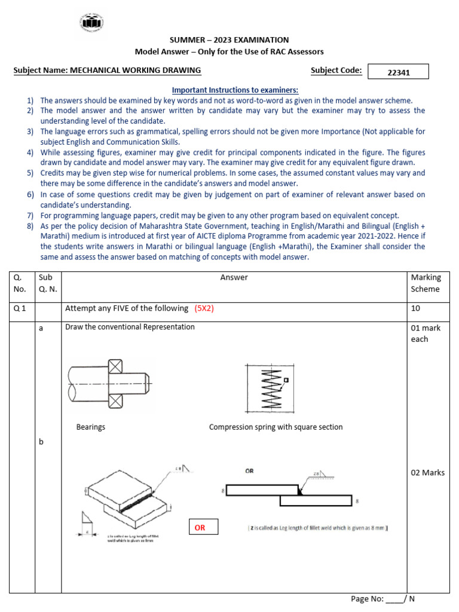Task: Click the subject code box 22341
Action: [x=398, y=72]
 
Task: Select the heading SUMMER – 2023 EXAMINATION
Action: [x=229, y=40]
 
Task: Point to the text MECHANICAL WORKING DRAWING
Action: [x=136, y=71]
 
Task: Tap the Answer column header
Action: [x=234, y=277]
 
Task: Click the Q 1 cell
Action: [x=20, y=308]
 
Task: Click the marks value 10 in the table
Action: [x=415, y=308]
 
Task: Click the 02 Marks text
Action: [x=428, y=473]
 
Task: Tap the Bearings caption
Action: [x=91, y=427]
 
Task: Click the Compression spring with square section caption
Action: [x=276, y=427]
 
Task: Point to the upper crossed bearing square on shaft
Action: [x=115, y=366]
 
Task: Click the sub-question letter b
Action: [x=41, y=442]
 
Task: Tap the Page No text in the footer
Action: [x=367, y=598]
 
